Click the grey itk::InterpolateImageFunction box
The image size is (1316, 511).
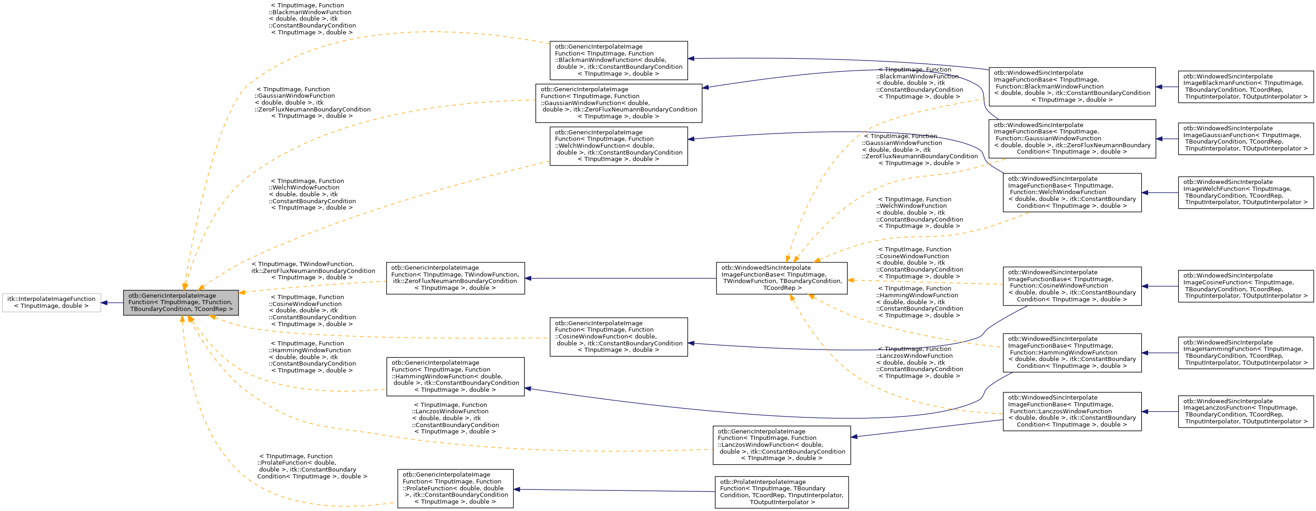coord(51,302)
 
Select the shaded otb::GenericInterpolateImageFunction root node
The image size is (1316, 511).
coord(180,302)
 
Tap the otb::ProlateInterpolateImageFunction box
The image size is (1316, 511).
coord(781,492)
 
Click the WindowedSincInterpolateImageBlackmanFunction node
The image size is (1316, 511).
coord(1245,87)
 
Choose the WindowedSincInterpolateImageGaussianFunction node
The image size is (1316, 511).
coord(1245,139)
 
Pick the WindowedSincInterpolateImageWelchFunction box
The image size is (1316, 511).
coord(1245,193)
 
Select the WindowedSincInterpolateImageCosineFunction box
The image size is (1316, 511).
coord(1245,286)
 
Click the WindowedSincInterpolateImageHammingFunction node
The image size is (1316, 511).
coord(1245,353)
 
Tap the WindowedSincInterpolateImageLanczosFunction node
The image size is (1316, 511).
coord(1245,411)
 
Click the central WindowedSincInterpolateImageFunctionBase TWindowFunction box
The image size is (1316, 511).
coord(781,278)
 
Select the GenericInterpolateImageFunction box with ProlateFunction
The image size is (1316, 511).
coord(455,489)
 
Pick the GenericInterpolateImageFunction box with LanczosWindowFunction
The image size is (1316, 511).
coord(781,445)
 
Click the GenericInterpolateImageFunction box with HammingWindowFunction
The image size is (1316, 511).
coord(455,377)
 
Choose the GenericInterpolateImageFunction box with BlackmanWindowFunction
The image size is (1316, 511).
coord(618,60)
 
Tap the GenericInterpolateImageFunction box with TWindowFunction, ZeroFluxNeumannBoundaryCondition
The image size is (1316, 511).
coord(455,278)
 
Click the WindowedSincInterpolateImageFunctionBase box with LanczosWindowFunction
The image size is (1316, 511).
coord(1072,411)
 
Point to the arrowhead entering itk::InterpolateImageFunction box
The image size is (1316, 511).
coord(104,302)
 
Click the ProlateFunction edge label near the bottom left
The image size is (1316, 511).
coord(311,466)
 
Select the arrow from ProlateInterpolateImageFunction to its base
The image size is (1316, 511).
coord(613,490)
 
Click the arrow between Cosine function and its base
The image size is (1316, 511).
coord(1160,286)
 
